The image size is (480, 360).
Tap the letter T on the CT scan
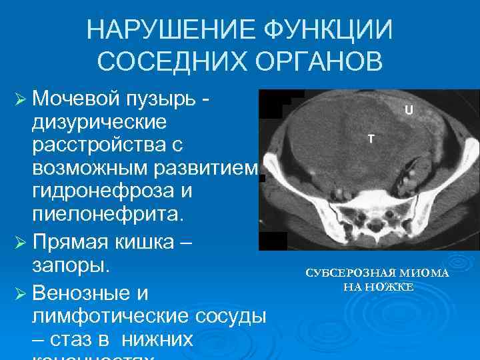click(371, 138)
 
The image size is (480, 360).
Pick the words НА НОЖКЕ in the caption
click(378, 287)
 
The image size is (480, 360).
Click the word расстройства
click(99, 145)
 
